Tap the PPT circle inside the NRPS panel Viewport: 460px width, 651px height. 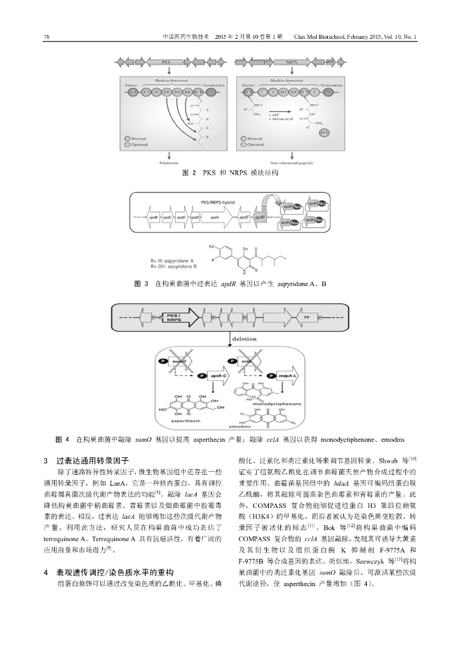325,132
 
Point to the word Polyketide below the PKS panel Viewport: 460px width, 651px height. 168,163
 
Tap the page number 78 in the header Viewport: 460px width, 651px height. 46,36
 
